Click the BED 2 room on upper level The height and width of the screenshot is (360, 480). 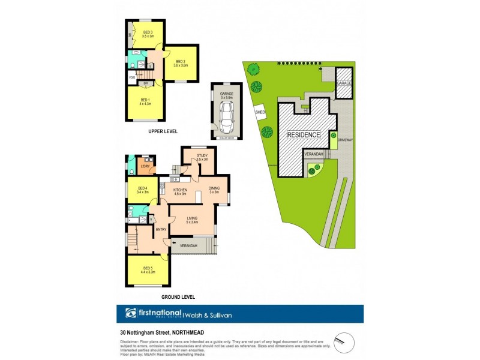pos(181,62)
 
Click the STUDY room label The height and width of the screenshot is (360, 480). pos(202,157)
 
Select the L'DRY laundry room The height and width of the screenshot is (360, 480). pos(145,166)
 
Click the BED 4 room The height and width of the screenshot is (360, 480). pos(143,190)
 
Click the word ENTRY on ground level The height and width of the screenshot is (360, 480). pos(161,229)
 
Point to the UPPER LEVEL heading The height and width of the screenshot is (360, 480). pos(162,131)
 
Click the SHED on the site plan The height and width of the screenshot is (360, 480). pos(260,112)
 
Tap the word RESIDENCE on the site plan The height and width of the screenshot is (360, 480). pos(303,135)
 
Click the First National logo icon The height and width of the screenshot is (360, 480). pos(131,313)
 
